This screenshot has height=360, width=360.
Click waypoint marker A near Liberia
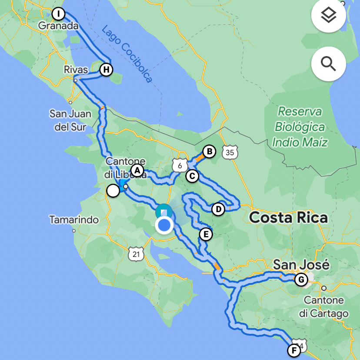137,170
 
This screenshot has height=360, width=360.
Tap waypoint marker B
209,151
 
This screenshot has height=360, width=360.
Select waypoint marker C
192,176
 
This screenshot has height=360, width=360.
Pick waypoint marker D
218,209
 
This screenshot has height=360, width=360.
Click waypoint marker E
206,235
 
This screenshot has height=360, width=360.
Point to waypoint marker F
294,350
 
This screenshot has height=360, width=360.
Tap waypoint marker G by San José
300,279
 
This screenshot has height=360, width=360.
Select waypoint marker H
106,69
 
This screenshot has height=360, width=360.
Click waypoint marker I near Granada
58,14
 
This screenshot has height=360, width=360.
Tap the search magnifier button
329,64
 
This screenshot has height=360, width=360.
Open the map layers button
329,16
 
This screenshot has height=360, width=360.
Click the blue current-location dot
164,225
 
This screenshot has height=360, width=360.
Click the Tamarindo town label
74,220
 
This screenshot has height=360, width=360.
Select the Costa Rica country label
288,217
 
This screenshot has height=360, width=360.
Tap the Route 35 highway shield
230,152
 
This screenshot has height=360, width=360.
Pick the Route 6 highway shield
180,165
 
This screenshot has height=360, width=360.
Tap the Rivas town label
76,70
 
